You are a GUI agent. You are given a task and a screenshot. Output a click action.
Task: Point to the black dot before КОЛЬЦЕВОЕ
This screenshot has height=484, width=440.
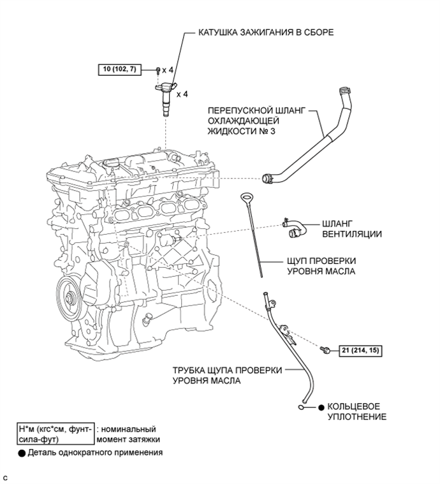click(321, 406)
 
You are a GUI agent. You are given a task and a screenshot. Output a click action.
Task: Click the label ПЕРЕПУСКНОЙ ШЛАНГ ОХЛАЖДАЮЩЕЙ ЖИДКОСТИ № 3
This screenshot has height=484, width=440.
click(249, 121)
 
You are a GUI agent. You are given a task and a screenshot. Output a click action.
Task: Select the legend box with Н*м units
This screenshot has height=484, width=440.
click(57, 434)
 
